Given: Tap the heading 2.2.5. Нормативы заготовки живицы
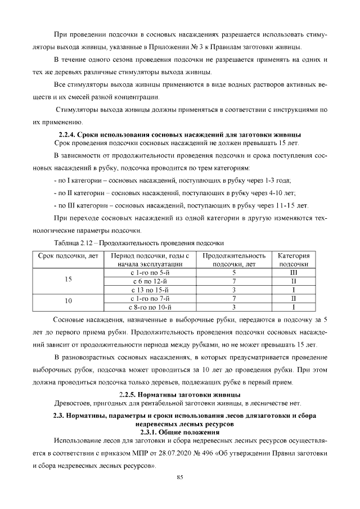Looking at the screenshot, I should [x=180, y=393].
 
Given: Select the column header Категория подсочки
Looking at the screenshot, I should [x=294, y=259].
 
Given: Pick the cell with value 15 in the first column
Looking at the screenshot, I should [x=69, y=280].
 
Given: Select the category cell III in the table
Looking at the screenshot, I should [x=294, y=272].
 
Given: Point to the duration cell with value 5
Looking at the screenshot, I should [x=233, y=272].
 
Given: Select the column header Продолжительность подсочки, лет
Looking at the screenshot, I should [x=233, y=259].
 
